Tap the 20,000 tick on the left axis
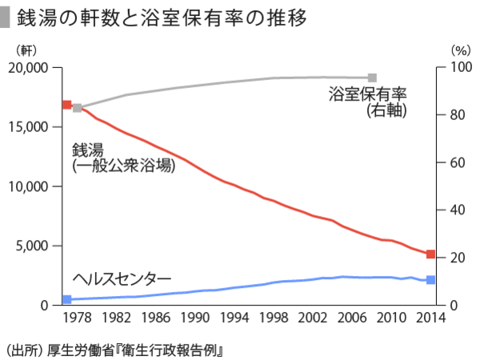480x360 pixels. coord(38,67)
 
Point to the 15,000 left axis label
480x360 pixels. coord(38,126)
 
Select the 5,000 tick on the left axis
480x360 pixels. coord(41,246)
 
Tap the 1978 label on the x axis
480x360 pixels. coord(76,318)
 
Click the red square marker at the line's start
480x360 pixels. coord(67,105)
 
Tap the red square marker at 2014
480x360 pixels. coord(430,254)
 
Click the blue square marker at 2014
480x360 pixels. coord(430,280)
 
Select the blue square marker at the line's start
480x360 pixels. coord(67,300)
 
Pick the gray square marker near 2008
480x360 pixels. coord(373,78)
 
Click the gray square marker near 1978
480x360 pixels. coord(78,108)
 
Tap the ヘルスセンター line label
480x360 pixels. coord(122,278)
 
